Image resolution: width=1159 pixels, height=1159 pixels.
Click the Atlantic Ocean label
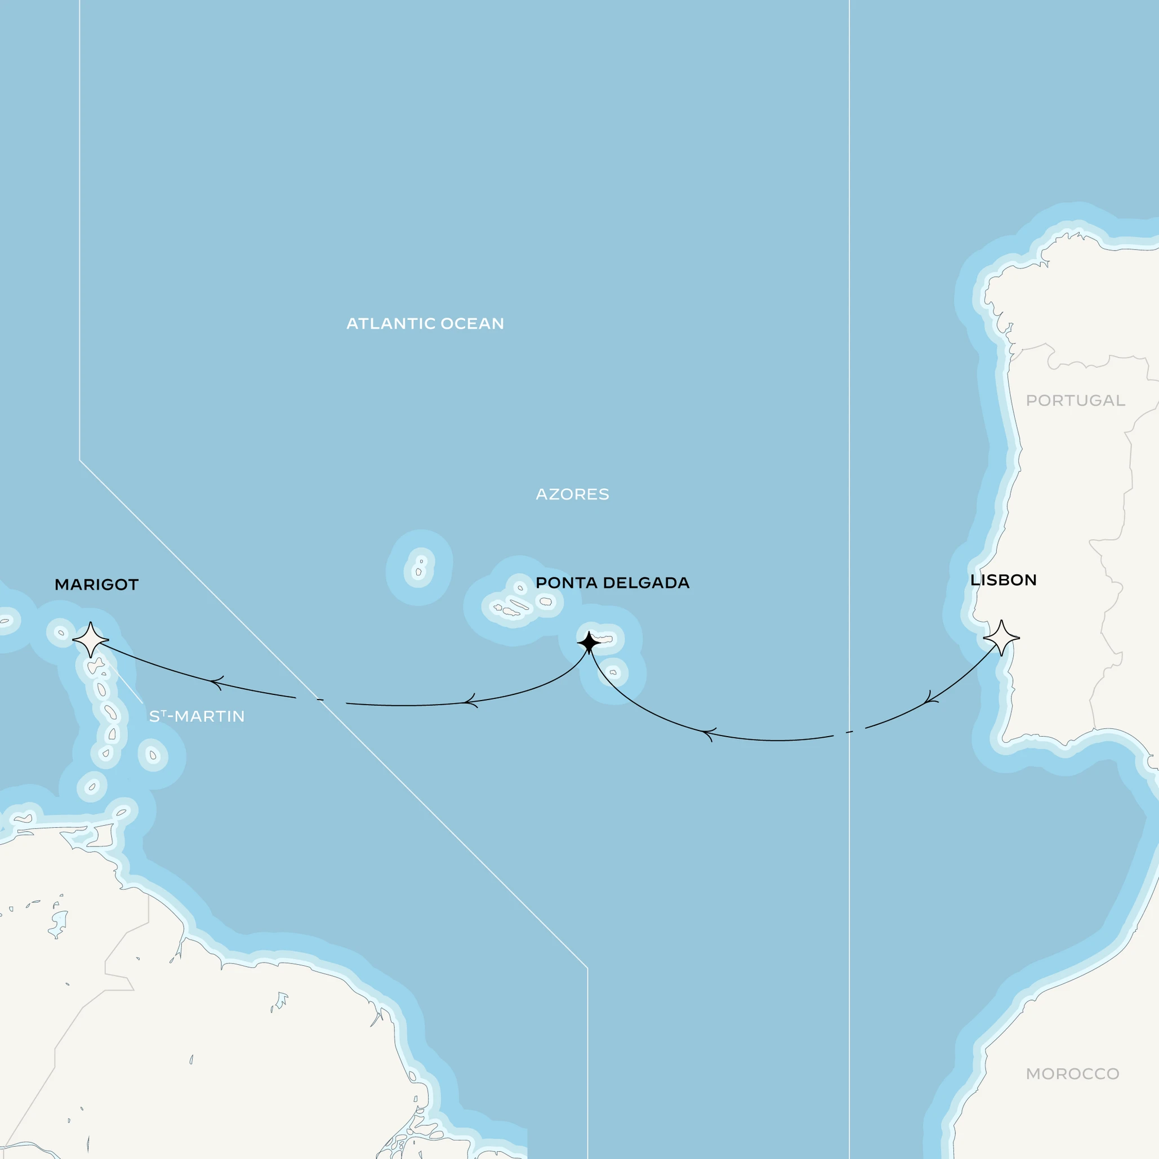[425, 324]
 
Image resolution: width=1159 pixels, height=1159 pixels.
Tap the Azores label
[572, 494]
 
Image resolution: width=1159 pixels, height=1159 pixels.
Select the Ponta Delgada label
[612, 582]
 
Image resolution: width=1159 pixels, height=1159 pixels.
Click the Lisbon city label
[1003, 580]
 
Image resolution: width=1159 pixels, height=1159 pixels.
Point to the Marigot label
[97, 585]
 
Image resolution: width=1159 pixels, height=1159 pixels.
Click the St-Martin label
[197, 716]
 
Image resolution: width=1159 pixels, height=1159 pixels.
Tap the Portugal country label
[1075, 401]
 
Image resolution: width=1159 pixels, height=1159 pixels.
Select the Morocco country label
[1073, 1074]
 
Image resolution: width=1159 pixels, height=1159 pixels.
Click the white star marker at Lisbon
[1001, 638]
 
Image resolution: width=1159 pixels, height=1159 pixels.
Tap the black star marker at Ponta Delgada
[589, 643]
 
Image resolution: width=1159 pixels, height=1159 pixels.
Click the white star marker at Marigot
[91, 640]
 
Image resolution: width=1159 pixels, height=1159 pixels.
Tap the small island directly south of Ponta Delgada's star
[613, 672]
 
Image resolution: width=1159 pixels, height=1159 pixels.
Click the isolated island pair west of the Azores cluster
[420, 567]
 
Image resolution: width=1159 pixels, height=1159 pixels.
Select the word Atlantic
[390, 324]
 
